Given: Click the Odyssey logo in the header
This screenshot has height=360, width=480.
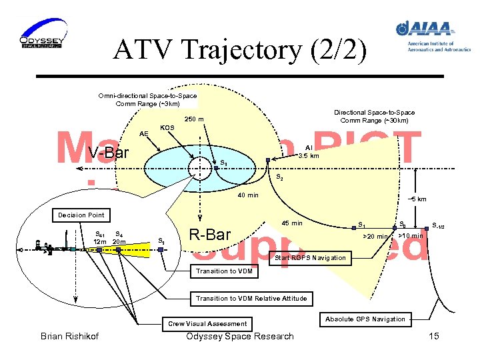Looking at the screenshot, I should pyautogui.click(x=41, y=35).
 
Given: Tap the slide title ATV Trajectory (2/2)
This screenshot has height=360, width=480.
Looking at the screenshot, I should pyautogui.click(x=240, y=51).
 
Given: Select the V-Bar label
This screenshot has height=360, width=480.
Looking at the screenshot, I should pyautogui.click(x=109, y=153).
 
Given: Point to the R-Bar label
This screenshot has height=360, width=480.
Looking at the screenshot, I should pyautogui.click(x=210, y=234).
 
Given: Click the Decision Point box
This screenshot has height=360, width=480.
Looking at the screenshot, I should pyautogui.click(x=81, y=215).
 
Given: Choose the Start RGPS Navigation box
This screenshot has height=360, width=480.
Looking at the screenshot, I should pyautogui.click(x=311, y=257).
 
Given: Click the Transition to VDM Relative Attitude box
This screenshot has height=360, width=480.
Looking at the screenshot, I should pyautogui.click(x=251, y=298).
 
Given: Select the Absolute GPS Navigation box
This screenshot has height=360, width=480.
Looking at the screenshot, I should pyautogui.click(x=365, y=319).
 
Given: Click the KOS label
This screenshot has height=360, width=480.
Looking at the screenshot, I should pyautogui.click(x=168, y=127).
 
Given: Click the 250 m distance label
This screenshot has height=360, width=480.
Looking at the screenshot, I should pyautogui.click(x=194, y=119).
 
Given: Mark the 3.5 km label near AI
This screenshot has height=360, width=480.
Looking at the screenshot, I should pyautogui.click(x=309, y=155).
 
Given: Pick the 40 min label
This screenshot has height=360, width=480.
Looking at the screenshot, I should pyautogui.click(x=249, y=195).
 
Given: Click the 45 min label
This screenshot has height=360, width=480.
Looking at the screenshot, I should pyautogui.click(x=292, y=223).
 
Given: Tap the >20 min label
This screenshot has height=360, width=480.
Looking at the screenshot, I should pyautogui.click(x=374, y=236).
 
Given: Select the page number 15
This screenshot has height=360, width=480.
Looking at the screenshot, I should pyautogui.click(x=434, y=336).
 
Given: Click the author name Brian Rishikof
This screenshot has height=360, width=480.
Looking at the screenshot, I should pyautogui.click(x=71, y=336).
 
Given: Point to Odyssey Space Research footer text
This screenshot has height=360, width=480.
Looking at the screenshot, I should pyautogui.click(x=240, y=336).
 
